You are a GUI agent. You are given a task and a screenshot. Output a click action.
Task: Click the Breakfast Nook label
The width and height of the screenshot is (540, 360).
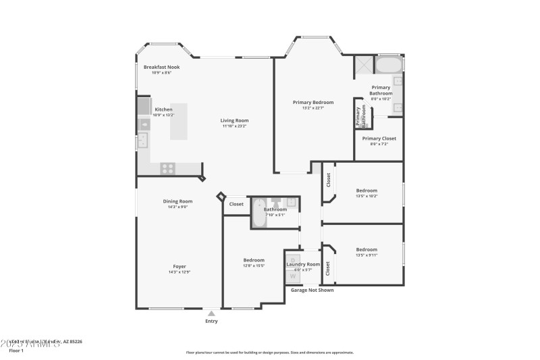point(161,67)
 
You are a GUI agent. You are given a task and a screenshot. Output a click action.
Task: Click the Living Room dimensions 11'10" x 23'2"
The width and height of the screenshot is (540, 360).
point(234,126)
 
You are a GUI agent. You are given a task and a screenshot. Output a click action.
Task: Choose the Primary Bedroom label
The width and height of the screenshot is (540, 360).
point(313,102)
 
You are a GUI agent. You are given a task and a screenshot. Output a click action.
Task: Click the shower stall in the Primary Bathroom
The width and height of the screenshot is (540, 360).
point(364,66)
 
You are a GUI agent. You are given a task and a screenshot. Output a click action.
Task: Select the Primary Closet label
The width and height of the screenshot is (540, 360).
point(379,138)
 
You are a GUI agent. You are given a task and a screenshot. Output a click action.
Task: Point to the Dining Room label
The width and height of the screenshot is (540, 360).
point(178,201)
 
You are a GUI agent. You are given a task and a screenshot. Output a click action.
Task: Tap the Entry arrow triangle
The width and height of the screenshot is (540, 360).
point(211,313)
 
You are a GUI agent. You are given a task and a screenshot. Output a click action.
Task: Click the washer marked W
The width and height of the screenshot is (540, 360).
point(293,276)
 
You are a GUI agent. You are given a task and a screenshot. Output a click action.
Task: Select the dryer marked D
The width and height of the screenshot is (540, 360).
point(292,259)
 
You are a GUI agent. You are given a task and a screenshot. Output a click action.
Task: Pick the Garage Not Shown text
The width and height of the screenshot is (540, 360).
point(312,290)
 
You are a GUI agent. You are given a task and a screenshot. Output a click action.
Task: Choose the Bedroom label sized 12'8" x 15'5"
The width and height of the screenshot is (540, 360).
point(254,260)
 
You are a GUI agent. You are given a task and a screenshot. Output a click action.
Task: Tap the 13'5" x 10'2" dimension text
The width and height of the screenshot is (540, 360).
point(367,197)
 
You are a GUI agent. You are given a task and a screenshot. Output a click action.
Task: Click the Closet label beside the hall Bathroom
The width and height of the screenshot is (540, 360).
point(236,204)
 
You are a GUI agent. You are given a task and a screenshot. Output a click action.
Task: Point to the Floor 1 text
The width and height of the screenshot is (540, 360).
point(16,351)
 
